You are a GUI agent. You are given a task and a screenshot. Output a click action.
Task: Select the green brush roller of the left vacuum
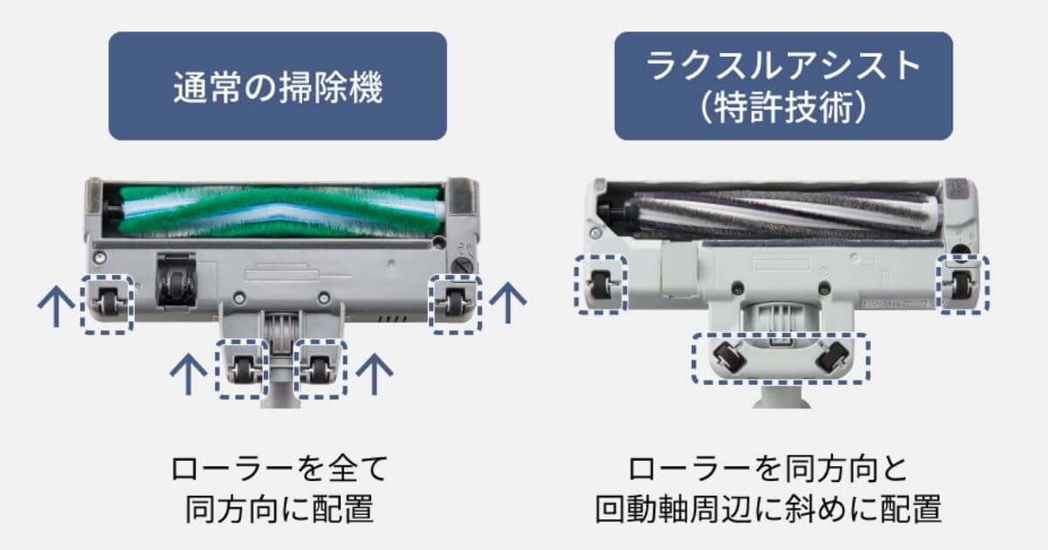click(278, 212)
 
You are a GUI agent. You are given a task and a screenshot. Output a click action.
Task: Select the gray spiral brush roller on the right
click(770, 214)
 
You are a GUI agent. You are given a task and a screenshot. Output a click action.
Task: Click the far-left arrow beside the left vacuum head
click(54, 307)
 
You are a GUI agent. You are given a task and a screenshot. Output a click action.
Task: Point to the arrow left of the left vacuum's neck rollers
click(189, 373)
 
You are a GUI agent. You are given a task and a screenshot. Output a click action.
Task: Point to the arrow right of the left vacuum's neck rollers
click(376, 373)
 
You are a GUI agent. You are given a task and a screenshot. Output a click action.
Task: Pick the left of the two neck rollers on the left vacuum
click(242, 370)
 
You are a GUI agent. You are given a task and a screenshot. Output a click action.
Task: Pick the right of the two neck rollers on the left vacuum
click(319, 370)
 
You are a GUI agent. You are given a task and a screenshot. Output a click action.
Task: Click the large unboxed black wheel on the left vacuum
click(175, 281)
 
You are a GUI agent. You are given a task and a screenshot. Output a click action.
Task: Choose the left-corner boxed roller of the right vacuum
click(600, 282)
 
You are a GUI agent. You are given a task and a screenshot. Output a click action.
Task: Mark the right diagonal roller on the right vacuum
click(831, 355)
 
